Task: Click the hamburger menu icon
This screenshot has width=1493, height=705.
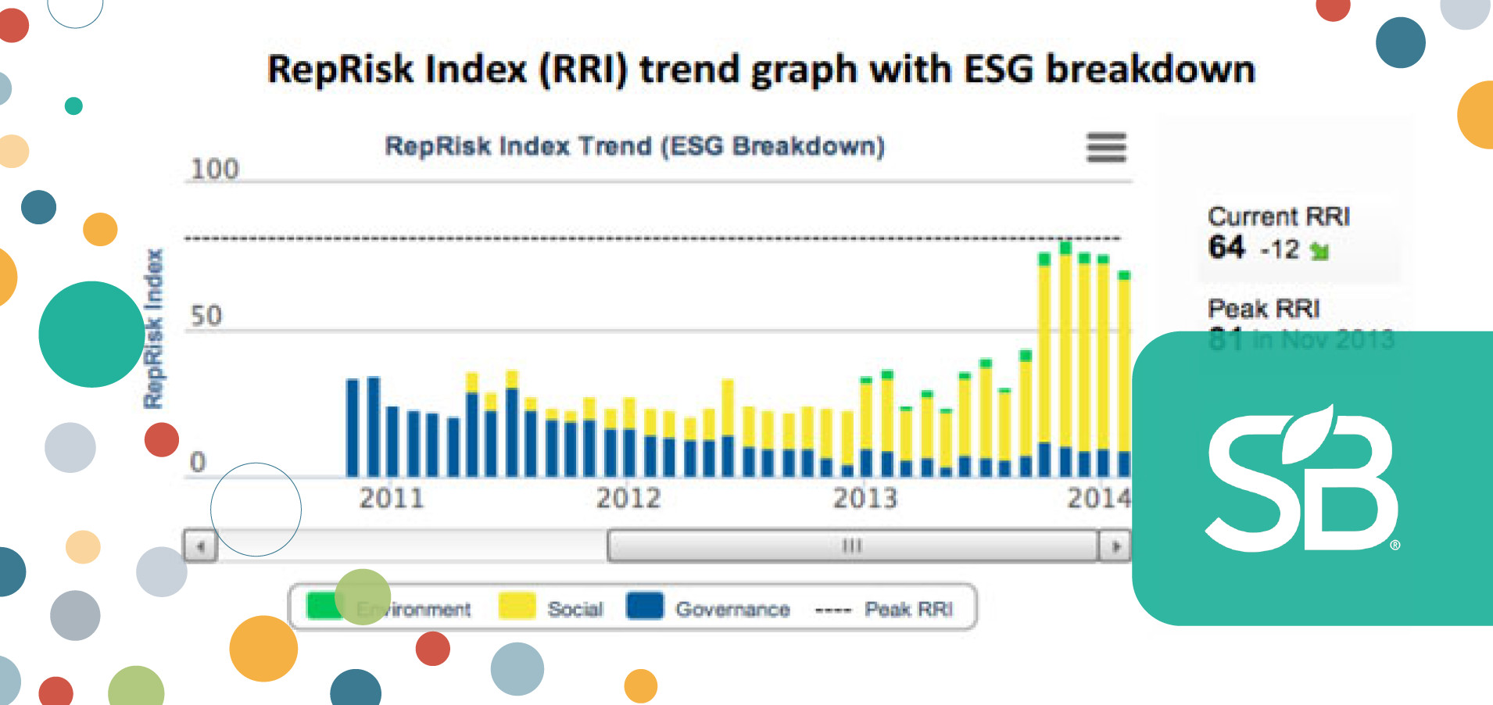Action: click(x=1106, y=147)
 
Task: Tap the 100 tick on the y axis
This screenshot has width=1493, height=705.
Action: click(x=215, y=169)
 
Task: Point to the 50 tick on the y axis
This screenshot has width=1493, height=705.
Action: click(x=206, y=316)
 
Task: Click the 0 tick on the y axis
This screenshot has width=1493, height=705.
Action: click(x=198, y=462)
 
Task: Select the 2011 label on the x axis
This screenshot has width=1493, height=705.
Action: click(x=391, y=498)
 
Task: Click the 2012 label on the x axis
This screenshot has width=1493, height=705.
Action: click(x=628, y=498)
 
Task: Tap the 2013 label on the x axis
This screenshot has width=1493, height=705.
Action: click(x=865, y=498)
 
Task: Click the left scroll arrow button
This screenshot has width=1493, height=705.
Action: click(x=200, y=546)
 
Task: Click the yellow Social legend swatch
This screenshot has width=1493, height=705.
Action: click(x=517, y=607)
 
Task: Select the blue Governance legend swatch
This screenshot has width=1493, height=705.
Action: click(x=645, y=607)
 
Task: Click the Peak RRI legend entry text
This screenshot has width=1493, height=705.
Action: click(x=908, y=609)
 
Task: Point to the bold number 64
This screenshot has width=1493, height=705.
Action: click(x=1226, y=248)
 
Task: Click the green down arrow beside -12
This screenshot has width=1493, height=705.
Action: click(x=1319, y=251)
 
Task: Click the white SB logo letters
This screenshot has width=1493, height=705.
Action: click(x=1301, y=481)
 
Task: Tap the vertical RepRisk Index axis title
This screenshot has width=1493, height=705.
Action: click(x=153, y=328)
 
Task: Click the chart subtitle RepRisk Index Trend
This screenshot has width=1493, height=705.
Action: click(x=634, y=146)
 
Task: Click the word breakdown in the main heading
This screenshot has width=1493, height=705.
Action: click(x=1150, y=69)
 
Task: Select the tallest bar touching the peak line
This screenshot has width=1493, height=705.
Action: click(x=1065, y=360)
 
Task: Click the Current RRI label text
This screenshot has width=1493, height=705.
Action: click(x=1278, y=217)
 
